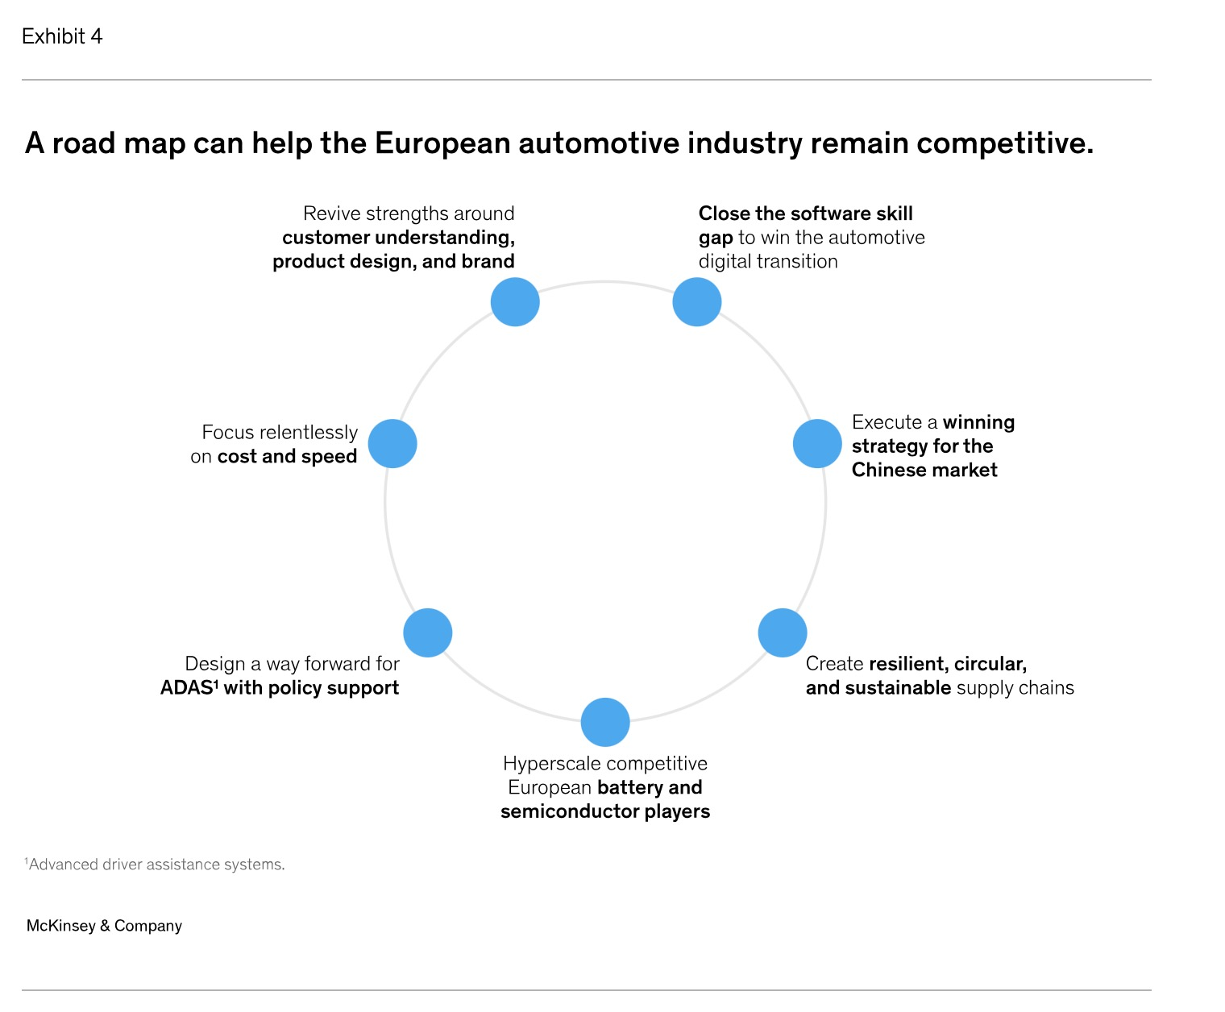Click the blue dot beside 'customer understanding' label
click(x=514, y=302)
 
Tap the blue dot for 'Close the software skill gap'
click(x=696, y=302)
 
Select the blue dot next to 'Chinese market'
click(x=816, y=443)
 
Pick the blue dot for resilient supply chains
click(x=782, y=632)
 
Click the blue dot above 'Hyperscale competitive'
click(x=605, y=722)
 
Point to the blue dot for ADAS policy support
click(x=428, y=632)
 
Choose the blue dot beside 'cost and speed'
click(x=392, y=443)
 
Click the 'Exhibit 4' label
click(x=62, y=36)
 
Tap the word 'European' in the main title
click(x=442, y=143)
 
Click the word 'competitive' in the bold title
click(x=1005, y=143)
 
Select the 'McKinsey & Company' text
click(x=105, y=925)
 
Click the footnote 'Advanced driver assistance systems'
click(x=155, y=865)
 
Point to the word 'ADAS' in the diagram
click(x=186, y=687)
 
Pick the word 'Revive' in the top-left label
click(x=331, y=214)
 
